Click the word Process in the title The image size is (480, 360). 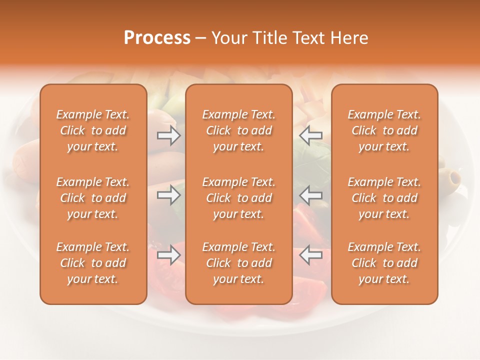click(157, 38)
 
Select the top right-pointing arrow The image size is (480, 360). click(168, 135)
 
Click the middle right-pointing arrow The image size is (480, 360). click(168, 195)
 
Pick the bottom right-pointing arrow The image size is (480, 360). click(168, 255)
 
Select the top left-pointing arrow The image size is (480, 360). click(311, 135)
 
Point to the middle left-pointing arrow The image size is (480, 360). click(311, 195)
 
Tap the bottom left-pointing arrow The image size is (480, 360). click(311, 255)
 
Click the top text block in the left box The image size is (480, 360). click(93, 130)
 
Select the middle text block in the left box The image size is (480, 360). click(93, 198)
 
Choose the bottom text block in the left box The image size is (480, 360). click(93, 263)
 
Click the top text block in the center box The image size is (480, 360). click(238, 130)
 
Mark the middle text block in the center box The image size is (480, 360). click(238, 198)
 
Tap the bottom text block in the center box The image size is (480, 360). click(238, 263)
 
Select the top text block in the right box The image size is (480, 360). click(384, 130)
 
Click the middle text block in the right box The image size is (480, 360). click(384, 198)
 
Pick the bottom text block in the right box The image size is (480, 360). click(384, 263)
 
